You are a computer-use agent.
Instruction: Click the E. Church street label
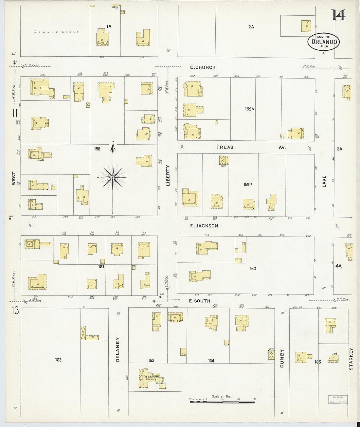(x=203, y=67)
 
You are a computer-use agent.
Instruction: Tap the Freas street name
(x=225, y=147)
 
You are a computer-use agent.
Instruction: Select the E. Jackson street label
(x=204, y=226)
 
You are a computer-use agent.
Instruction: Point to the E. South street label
(x=200, y=301)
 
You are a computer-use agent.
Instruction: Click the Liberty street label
(x=168, y=176)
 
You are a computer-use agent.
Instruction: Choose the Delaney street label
(x=118, y=349)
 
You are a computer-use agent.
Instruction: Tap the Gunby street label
(x=282, y=358)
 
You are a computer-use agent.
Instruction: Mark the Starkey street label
(x=351, y=359)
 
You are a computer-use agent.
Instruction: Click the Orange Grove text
(x=57, y=32)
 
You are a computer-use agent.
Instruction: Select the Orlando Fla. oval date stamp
(x=324, y=42)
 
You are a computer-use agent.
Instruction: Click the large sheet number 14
(x=338, y=15)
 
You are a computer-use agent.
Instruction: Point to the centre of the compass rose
(x=113, y=177)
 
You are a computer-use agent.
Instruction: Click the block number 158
(x=97, y=149)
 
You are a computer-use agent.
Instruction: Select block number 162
(x=58, y=360)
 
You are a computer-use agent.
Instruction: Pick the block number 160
(x=253, y=269)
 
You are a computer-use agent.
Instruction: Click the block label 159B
(x=248, y=184)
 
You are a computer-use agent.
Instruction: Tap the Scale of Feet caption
(x=222, y=396)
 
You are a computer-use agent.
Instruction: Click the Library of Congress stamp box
(x=338, y=400)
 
